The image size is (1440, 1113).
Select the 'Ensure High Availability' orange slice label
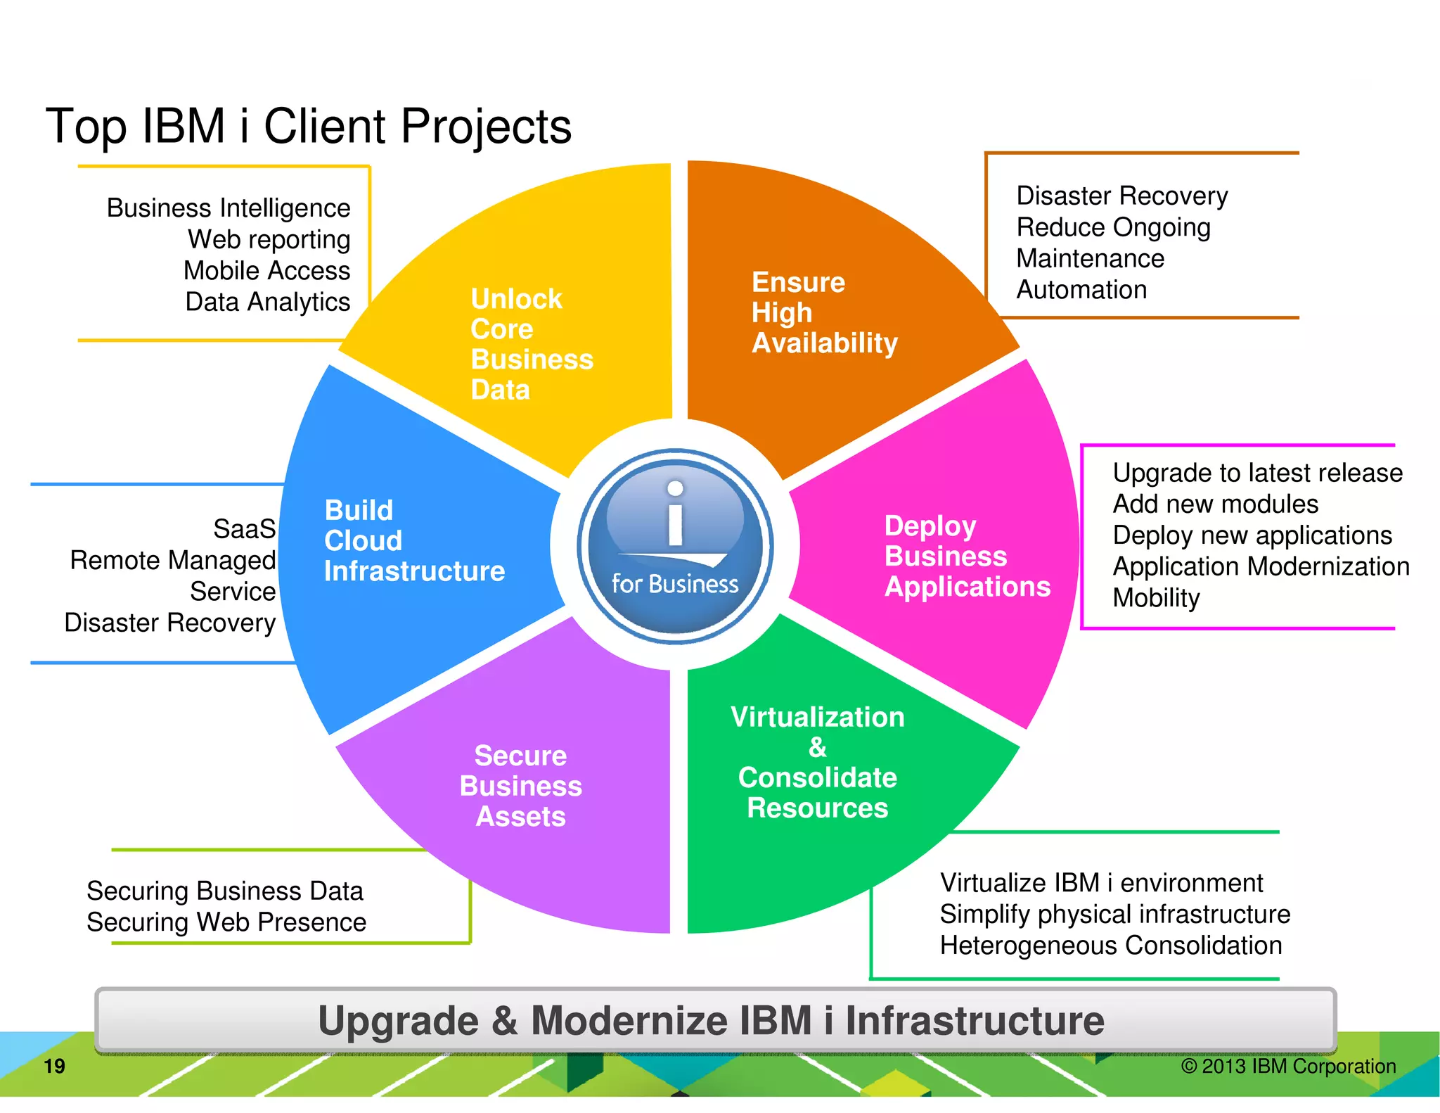(x=824, y=312)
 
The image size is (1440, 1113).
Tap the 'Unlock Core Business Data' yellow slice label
(x=531, y=344)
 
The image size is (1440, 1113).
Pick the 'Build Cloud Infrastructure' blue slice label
(x=413, y=540)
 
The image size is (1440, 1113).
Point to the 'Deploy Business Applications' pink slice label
(x=967, y=556)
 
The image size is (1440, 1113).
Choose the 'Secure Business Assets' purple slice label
(x=520, y=786)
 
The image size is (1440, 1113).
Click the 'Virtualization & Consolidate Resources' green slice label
(x=817, y=762)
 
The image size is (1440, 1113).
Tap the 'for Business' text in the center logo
(x=675, y=584)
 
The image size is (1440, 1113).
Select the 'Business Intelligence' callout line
(x=229, y=208)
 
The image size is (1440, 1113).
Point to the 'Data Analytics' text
(x=267, y=302)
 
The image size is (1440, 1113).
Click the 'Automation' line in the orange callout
(x=1081, y=290)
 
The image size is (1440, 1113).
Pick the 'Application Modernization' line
(x=1261, y=566)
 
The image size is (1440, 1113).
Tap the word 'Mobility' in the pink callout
(x=1156, y=598)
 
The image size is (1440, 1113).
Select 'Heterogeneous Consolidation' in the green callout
(x=1111, y=946)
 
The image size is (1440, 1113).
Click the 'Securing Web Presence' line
(x=226, y=922)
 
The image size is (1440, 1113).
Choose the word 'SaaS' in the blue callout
(x=244, y=529)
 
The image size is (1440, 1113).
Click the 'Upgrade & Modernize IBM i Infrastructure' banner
(x=712, y=1021)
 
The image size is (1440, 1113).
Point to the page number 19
(x=54, y=1067)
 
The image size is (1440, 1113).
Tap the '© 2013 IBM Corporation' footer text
(x=1288, y=1067)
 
